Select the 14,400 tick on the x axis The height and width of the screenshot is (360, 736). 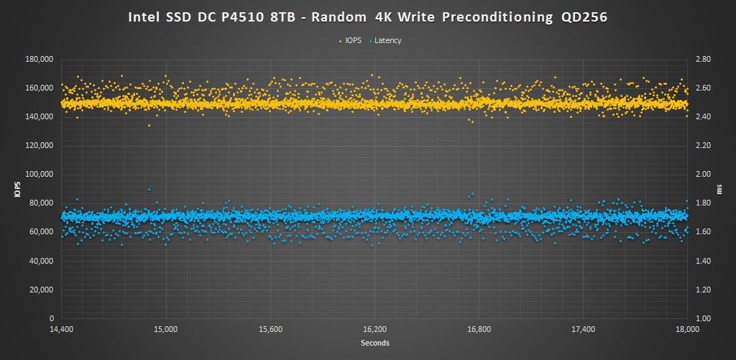62,329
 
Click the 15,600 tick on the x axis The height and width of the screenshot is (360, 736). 270,329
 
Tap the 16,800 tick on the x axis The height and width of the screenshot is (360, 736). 479,329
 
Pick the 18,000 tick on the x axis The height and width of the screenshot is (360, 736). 688,329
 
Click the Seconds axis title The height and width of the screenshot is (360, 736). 374,343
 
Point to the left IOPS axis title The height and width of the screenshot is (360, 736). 17,189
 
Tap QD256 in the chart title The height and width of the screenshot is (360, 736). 584,18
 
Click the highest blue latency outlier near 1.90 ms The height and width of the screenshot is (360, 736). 149,190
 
